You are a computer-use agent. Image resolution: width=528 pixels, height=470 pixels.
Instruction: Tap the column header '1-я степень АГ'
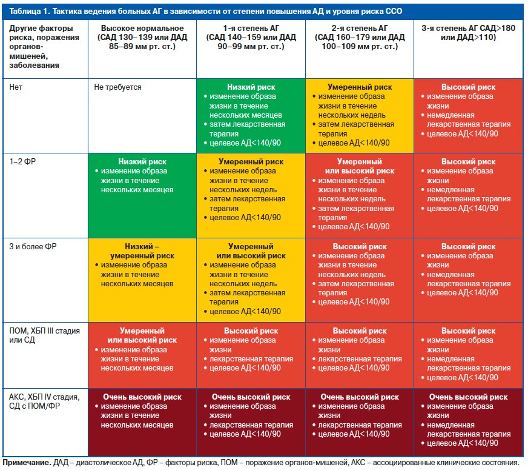click(x=251, y=29)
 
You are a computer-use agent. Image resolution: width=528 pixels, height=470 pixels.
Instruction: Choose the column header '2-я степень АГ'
click(x=360, y=29)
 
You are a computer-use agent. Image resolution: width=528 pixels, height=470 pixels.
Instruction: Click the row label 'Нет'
click(x=16, y=87)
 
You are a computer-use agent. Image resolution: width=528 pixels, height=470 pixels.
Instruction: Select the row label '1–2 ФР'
click(x=22, y=162)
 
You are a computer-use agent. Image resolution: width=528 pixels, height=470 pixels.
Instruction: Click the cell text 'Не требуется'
click(x=117, y=87)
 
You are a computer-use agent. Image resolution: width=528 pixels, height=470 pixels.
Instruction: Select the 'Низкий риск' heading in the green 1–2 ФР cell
click(x=142, y=162)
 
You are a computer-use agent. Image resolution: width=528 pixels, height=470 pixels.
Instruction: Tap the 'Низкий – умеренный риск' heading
click(x=142, y=251)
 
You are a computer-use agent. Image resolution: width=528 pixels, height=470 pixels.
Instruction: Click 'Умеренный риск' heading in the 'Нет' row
click(x=360, y=87)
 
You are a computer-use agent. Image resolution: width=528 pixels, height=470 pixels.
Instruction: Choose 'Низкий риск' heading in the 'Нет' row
click(x=251, y=87)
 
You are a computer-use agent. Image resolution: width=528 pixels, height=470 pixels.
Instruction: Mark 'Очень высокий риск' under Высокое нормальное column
click(x=142, y=397)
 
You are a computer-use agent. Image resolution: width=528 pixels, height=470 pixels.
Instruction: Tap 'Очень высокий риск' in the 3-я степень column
click(x=469, y=397)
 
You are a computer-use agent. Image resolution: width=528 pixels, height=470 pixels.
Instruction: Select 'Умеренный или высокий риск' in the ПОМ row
click(x=142, y=335)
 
